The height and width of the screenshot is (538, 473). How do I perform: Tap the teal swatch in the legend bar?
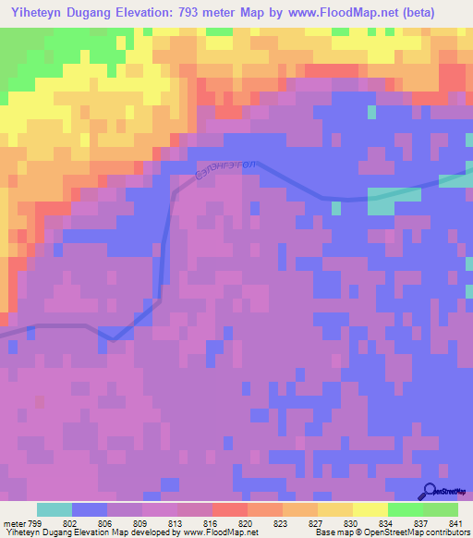pos(55,509)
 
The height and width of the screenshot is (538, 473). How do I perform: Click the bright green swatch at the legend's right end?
pos(441,509)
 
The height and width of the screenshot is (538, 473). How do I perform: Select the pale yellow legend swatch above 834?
pos(370,509)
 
